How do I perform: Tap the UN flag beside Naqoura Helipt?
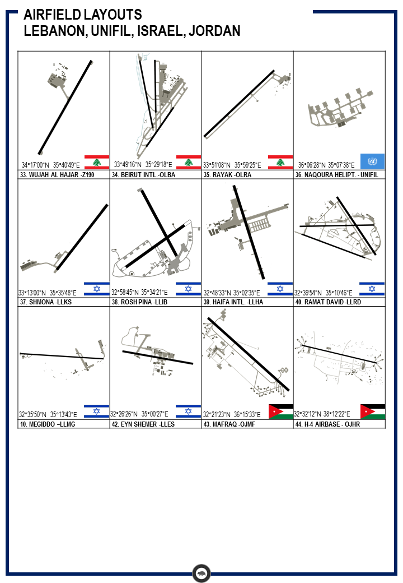pyautogui.click(x=372, y=161)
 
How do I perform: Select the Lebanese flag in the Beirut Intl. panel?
pyautogui.click(x=189, y=162)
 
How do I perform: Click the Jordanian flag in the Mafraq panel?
pyautogui.click(x=280, y=411)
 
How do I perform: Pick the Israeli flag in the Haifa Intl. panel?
pyautogui.click(x=280, y=289)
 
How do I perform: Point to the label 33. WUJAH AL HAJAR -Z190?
pyautogui.click(x=57, y=175)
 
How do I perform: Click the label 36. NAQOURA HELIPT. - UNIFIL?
pyautogui.click(x=337, y=175)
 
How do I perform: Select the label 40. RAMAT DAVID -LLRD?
pyautogui.click(x=328, y=302)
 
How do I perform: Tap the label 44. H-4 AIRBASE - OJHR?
pyautogui.click(x=327, y=424)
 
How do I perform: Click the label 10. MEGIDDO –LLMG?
pyautogui.click(x=48, y=424)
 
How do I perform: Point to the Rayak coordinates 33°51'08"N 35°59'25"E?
pyautogui.click(x=232, y=165)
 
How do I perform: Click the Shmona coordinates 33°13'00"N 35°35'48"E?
pyautogui.click(x=48, y=293)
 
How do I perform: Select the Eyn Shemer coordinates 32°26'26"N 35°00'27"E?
pyautogui.click(x=139, y=414)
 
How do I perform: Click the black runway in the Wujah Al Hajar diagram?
pyautogui.click(x=65, y=107)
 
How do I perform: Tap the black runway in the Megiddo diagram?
pyautogui.click(x=62, y=356)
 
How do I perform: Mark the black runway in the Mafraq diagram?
pyautogui.click(x=249, y=354)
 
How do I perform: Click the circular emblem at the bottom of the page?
pyautogui.click(x=201, y=573)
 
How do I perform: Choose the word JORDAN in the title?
pyautogui.click(x=214, y=31)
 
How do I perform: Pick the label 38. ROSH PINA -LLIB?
pyautogui.click(x=139, y=302)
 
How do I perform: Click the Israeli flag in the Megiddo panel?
pyautogui.click(x=96, y=411)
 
